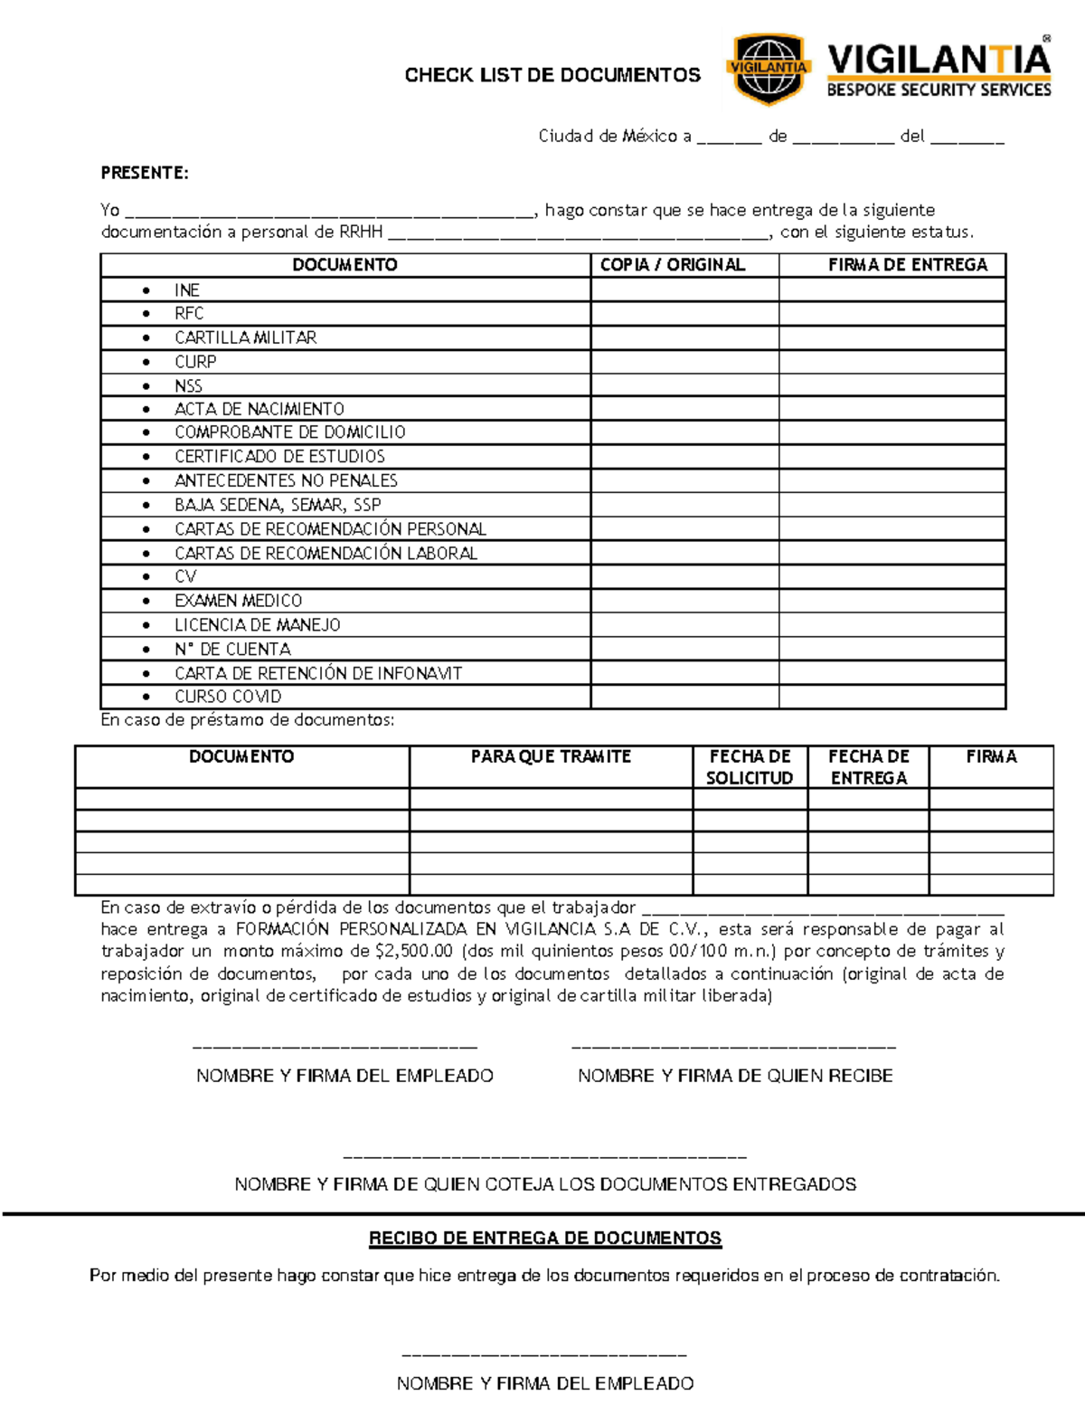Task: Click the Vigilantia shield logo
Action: point(768,69)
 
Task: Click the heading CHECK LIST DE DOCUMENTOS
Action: point(552,75)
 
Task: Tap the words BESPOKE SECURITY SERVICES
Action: point(939,90)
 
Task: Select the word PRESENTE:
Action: point(145,173)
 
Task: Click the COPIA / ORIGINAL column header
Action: point(673,264)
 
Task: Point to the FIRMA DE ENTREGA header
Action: point(908,264)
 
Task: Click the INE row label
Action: point(187,290)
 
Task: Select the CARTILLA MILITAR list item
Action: point(245,337)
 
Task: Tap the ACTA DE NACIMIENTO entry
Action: point(259,409)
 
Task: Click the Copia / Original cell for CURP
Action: point(684,361)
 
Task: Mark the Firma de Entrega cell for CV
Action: point(892,576)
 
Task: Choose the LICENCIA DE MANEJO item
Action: point(257,624)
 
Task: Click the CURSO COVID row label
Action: point(228,697)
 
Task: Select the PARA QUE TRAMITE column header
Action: point(551,756)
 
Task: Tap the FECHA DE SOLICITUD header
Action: point(750,767)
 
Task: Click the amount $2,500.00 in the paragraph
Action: point(413,951)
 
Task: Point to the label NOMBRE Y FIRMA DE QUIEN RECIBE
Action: point(735,1076)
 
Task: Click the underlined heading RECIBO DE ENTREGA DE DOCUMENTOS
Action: point(545,1238)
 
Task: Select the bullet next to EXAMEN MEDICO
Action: point(146,601)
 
